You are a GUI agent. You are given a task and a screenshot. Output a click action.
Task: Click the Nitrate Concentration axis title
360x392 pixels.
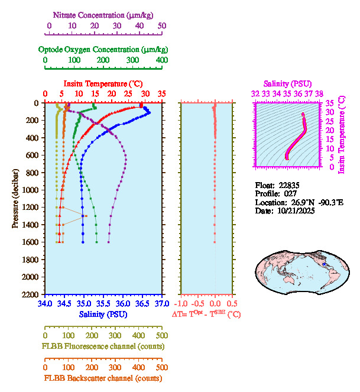tap(104, 14)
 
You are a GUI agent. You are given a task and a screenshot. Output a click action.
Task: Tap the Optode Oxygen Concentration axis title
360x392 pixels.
tap(103, 49)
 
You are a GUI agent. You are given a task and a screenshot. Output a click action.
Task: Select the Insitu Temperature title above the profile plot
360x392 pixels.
tap(103, 84)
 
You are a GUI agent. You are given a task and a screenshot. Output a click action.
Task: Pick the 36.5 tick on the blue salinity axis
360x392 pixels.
tap(142, 304)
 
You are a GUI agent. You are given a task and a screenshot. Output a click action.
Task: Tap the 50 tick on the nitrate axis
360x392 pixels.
tap(162, 25)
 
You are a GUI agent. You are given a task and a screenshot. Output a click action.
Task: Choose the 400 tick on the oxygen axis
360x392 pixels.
tap(162, 60)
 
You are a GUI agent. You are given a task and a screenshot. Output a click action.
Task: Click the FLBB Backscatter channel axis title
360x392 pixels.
tap(103, 378)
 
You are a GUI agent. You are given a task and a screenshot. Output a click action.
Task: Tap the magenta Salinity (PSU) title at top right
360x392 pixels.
tap(287, 84)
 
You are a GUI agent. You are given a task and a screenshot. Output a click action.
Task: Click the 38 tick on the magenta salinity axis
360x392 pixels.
tap(319, 93)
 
